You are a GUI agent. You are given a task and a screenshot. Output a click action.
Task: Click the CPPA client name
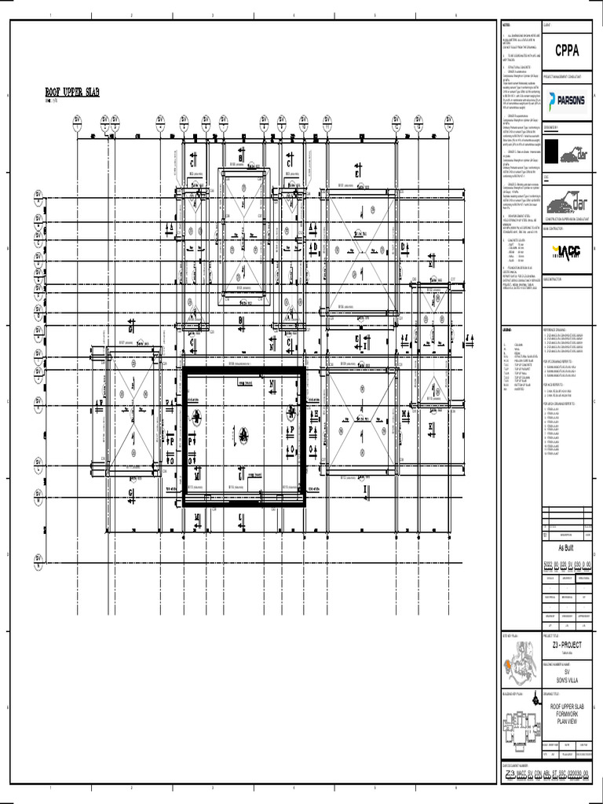click(x=567, y=51)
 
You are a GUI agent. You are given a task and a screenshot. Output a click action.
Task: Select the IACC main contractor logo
click(x=566, y=250)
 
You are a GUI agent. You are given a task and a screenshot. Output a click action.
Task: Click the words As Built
click(x=567, y=549)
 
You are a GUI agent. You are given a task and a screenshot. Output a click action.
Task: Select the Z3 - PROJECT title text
click(x=566, y=645)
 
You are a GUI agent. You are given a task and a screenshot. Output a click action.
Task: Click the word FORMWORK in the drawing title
click(x=566, y=713)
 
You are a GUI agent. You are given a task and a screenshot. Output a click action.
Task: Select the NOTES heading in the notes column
click(x=506, y=25)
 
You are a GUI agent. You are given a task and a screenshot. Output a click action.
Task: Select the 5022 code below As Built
click(x=549, y=564)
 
